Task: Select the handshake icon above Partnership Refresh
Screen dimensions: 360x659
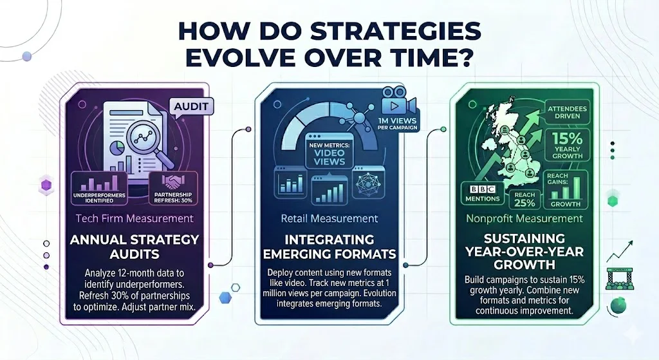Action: click(x=172, y=184)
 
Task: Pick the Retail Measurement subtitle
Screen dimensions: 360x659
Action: click(x=329, y=219)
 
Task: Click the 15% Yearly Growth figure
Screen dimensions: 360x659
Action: click(x=566, y=146)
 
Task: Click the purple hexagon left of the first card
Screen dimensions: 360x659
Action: click(x=46, y=186)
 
